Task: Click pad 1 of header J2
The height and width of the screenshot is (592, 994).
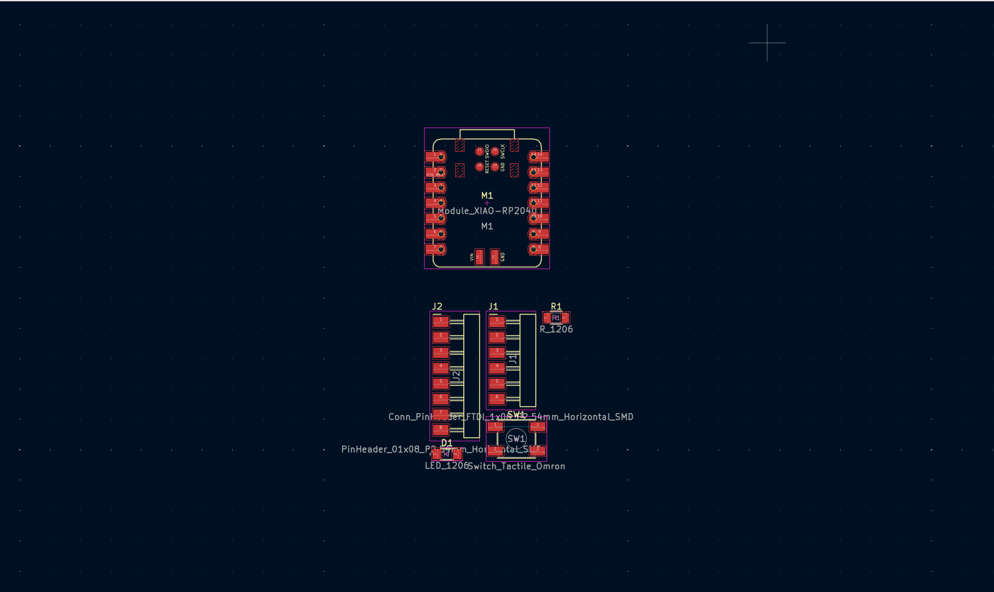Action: click(441, 321)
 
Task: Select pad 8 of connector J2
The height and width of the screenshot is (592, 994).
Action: click(441, 429)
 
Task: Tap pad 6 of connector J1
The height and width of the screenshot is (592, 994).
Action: click(497, 399)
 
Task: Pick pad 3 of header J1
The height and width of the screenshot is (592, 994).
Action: click(497, 352)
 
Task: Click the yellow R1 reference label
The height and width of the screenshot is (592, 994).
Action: click(556, 306)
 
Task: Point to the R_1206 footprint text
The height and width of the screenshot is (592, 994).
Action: click(556, 329)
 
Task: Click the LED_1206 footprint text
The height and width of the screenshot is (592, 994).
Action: click(446, 466)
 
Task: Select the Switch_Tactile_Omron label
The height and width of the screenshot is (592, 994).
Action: click(517, 466)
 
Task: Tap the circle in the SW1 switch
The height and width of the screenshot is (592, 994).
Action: click(516, 438)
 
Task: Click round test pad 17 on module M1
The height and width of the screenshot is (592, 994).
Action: click(479, 151)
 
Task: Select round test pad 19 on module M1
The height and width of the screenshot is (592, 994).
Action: click(495, 166)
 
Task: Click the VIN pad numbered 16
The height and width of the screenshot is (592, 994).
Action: click(479, 257)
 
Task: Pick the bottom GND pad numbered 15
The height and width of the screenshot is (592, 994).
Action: click(495, 257)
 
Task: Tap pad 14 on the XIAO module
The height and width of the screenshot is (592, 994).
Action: click(539, 156)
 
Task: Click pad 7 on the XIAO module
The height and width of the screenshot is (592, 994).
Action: click(436, 249)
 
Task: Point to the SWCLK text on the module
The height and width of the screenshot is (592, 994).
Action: click(503, 151)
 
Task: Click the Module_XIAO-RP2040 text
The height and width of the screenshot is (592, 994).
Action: click(487, 211)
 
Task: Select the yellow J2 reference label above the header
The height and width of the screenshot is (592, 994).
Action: click(437, 306)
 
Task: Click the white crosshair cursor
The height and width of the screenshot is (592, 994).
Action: click(767, 43)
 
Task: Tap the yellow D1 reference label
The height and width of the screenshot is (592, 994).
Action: click(446, 443)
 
